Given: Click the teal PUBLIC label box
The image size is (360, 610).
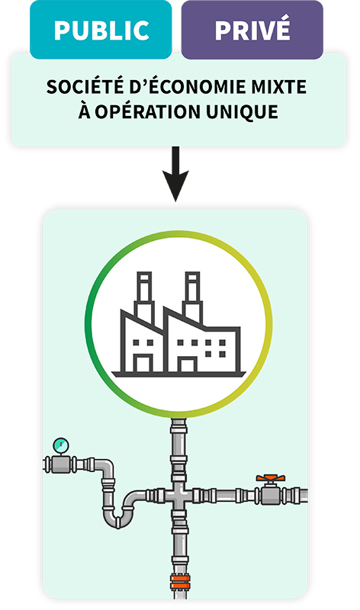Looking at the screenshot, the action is click(x=101, y=30).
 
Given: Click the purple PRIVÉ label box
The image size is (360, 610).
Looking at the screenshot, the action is click(x=252, y=30).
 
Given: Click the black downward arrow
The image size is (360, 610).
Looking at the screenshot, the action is click(x=175, y=174).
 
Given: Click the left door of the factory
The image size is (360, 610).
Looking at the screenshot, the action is click(x=143, y=364).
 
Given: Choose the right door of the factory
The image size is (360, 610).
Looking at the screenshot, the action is click(x=187, y=365).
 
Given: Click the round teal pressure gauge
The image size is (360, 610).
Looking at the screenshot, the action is click(x=61, y=445).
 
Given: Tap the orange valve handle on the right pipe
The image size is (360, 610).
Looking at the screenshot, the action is click(x=271, y=478).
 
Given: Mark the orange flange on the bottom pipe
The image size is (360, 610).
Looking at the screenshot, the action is click(x=180, y=582).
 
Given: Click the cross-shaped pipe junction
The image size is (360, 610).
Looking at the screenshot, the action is click(x=178, y=495).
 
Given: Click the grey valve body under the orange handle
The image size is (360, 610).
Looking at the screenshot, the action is click(x=271, y=495).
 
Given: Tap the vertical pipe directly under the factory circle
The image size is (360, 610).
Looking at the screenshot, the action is click(x=178, y=448).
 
